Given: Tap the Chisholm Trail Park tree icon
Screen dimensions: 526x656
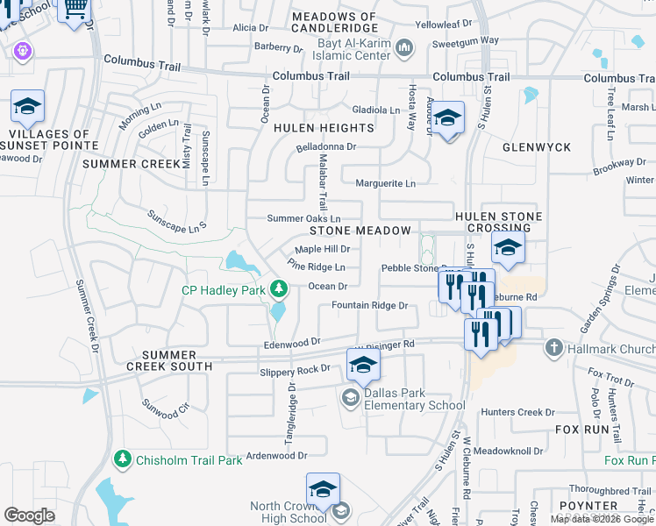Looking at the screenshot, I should pyautogui.click(x=123, y=459).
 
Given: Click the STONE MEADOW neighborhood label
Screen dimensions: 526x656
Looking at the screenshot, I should pyautogui.click(x=360, y=231).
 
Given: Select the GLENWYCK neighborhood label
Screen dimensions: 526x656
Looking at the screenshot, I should pyautogui.click(x=537, y=147).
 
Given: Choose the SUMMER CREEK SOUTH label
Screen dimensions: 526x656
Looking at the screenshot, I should pyautogui.click(x=170, y=359).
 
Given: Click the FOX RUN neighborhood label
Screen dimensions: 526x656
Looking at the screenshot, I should pyautogui.click(x=581, y=430).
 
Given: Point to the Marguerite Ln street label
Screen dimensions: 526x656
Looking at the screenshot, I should pyautogui.click(x=385, y=183).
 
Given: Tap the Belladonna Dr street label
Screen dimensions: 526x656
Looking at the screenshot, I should pyautogui.click(x=325, y=147).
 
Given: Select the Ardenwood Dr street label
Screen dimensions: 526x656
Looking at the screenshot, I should pyautogui.click(x=276, y=455).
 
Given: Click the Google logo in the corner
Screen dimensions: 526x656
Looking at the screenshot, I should pyautogui.click(x=29, y=515).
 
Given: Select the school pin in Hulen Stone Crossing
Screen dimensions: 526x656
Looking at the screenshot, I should pyautogui.click(x=508, y=249).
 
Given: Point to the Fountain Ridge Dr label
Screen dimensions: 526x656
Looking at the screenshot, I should pyautogui.click(x=369, y=305).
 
